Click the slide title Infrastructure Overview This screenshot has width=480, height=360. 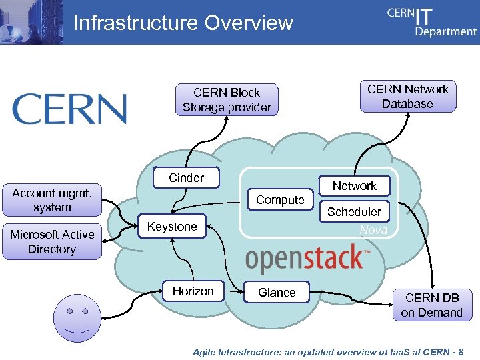pos(183,23)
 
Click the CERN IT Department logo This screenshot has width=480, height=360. pos(431,22)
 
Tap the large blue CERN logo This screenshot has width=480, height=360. pos(69,109)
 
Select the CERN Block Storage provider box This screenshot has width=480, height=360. pos(227,100)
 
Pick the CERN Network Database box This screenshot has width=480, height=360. pos(408,97)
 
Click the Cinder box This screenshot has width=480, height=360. pos(187,178)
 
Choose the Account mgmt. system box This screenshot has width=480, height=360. pos(52,200)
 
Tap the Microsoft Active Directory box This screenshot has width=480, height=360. pos(52,242)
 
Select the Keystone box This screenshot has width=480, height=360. pos(172,227)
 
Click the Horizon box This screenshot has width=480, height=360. pos(193,291)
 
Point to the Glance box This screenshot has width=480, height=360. pos(277,292)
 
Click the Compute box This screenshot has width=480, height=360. pos(280,200)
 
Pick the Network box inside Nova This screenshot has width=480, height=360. pos(354,186)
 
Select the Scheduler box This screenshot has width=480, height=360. pos(354,212)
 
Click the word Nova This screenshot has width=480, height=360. pos(373,230)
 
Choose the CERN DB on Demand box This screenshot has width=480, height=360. pos(432,305)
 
